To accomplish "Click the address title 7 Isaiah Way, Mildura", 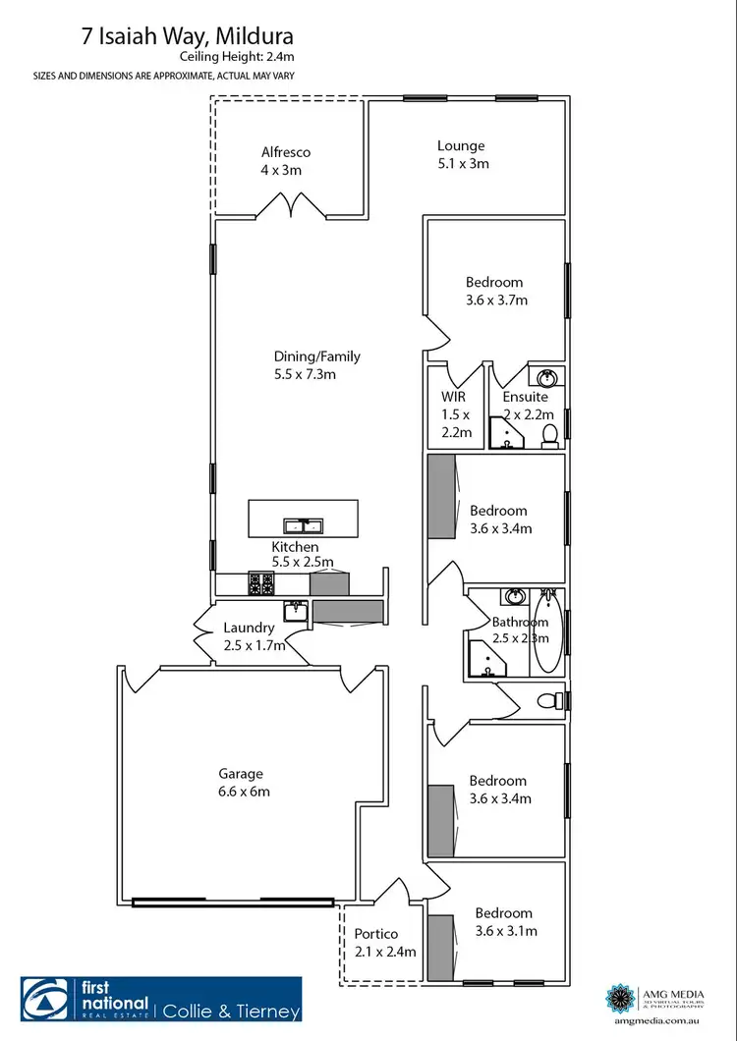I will click(x=201, y=37).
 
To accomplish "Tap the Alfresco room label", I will click(x=286, y=161).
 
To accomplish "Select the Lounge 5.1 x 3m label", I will click(x=462, y=155).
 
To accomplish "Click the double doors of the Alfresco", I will click(x=292, y=205).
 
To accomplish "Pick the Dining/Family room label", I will click(x=316, y=365).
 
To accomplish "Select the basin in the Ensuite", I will click(x=545, y=376).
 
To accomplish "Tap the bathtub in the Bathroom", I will click(x=547, y=631).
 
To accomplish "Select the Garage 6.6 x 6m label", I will click(x=241, y=783).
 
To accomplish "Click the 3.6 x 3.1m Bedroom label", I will click(x=503, y=921).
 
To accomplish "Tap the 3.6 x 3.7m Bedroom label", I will click(x=495, y=291).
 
